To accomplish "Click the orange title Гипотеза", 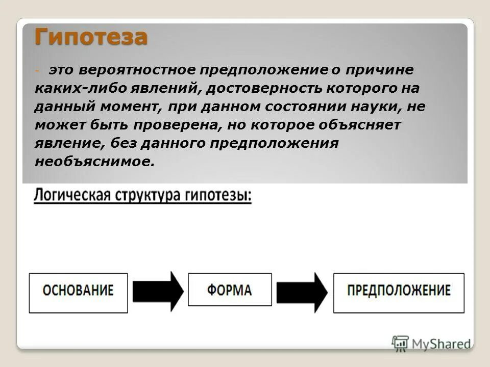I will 91,37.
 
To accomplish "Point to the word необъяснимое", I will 94,162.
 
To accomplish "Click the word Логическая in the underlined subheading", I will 69,196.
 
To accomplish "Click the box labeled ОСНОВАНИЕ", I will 78,293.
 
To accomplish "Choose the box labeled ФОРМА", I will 230,290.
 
